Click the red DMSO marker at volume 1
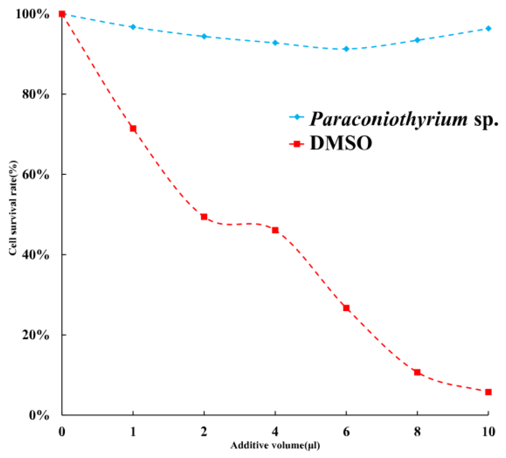coord(133,128)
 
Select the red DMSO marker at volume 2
coord(204,217)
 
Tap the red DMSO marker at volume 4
coord(275,230)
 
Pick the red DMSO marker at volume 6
coord(346,308)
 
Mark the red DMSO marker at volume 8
coord(417,372)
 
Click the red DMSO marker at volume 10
coord(488,392)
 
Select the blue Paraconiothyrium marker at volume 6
coord(346,49)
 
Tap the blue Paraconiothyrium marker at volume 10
coord(488,29)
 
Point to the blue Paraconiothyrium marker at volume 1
coord(133,27)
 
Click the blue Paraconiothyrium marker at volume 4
coord(275,43)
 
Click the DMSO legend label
coord(341,143)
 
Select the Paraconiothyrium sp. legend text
coord(403,119)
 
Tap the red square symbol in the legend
coord(297,144)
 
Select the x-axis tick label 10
coord(488,432)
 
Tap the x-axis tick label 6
coord(346,432)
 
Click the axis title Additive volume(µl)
coord(275,445)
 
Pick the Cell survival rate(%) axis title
coord(13,208)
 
